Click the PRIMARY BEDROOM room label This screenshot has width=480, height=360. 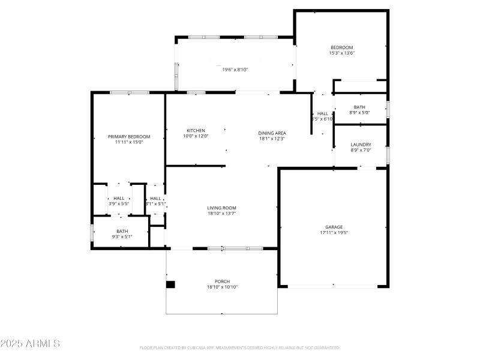pos(129,137)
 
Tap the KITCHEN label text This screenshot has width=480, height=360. pos(196,131)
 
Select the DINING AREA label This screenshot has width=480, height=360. pos(272,133)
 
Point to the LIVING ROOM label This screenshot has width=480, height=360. pos(222,208)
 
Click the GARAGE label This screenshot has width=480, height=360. pos(334,227)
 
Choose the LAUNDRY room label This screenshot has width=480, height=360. pos(361,145)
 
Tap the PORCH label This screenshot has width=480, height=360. pos(222,281)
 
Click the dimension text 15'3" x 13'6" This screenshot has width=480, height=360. pos(341,53)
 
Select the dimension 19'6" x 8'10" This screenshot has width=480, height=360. pos(235,70)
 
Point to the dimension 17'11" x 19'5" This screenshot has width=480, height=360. pos(334,233)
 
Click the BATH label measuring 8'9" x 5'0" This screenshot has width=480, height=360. pos(359,107)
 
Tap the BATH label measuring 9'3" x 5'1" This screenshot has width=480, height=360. pos(122,231)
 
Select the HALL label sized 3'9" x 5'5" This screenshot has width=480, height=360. pos(119,199)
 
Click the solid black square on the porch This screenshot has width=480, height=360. pos(170,284)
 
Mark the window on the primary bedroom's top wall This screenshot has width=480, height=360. pos(129,92)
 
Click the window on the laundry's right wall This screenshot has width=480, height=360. pos(388,155)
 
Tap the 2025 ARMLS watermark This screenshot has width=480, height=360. pos(30,344)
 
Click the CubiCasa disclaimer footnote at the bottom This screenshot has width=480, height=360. pos(239,347)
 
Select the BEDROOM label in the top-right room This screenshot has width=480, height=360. pos(341,47)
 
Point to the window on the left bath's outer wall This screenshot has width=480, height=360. pos(92,232)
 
